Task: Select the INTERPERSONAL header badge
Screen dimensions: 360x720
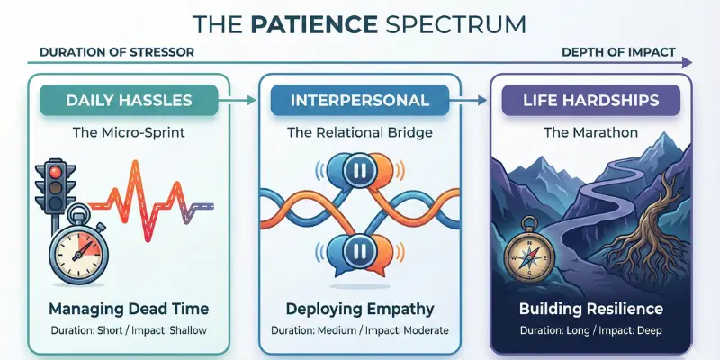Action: point(360,100)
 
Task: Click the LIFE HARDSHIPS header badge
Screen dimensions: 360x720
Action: point(590,100)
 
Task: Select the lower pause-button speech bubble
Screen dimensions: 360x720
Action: point(359,249)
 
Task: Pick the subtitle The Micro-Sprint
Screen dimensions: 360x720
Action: point(128,134)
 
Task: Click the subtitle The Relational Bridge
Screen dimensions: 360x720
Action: point(360,134)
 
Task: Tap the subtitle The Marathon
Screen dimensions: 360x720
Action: point(590,134)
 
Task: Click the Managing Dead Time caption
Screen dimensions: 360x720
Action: point(128,309)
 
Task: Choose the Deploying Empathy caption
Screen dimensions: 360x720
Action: point(360,309)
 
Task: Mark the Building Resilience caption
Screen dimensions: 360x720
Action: point(590,309)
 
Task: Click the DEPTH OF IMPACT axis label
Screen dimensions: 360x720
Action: point(618,52)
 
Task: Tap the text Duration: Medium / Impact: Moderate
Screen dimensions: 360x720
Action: point(360,331)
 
